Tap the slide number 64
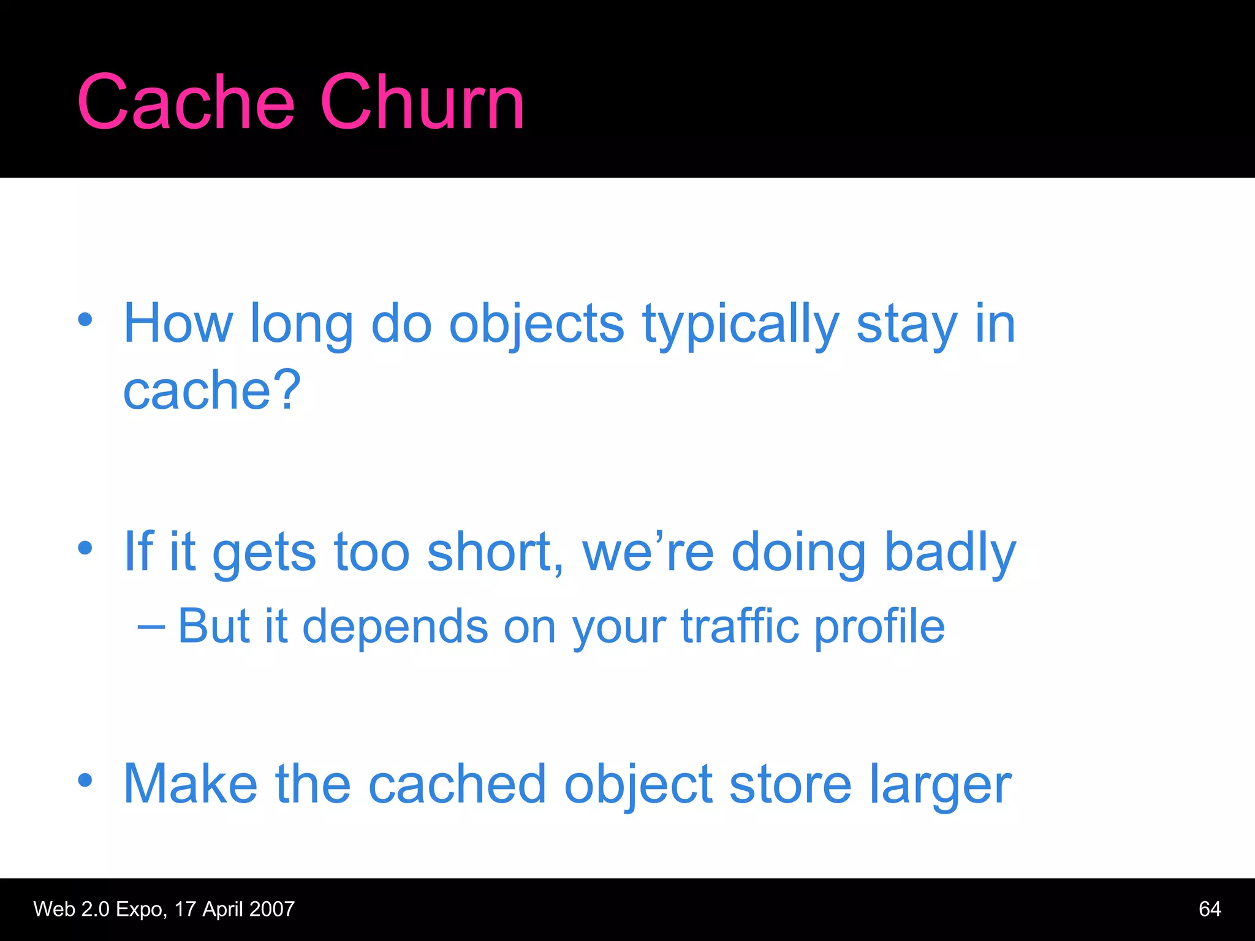[x=1209, y=909]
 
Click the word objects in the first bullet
[x=537, y=325]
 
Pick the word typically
[x=740, y=325]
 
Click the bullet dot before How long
[x=85, y=319]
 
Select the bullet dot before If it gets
[x=85, y=547]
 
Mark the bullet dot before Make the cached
[x=85, y=779]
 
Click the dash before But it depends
[x=151, y=626]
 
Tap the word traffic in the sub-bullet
[x=740, y=626]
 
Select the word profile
[x=879, y=626]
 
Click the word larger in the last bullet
[x=940, y=785]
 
